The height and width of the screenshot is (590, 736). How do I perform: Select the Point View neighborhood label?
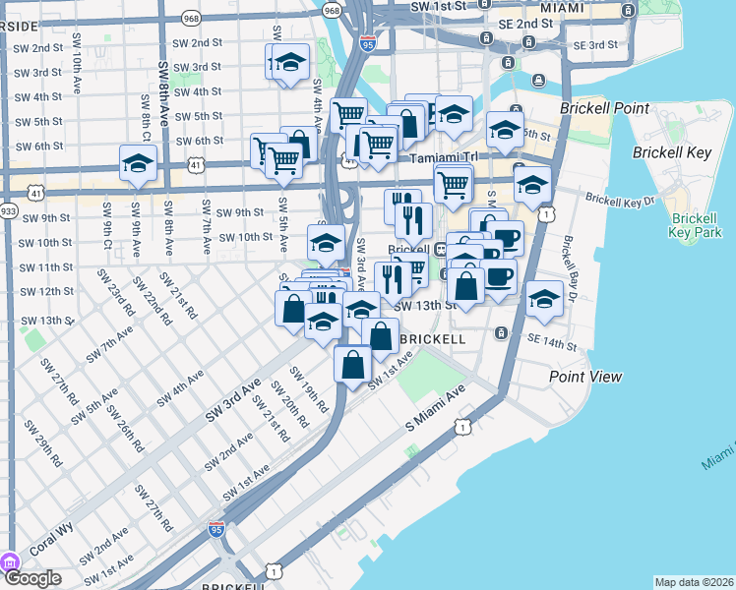585,376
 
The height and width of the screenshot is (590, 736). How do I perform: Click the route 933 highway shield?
9,210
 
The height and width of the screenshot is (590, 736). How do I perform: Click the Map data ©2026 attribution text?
694,582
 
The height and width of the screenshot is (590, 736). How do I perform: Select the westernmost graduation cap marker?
139,162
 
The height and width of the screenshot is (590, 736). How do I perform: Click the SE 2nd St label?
525,23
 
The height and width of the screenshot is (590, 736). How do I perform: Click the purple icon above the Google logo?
11,562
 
